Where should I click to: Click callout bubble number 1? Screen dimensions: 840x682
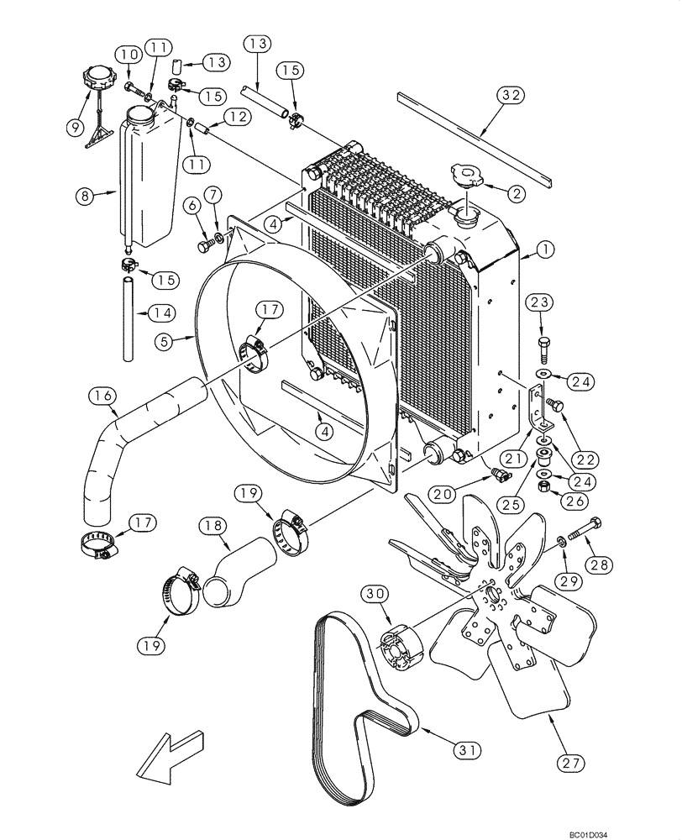[x=547, y=249]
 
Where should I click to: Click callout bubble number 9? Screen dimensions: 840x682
[x=75, y=128]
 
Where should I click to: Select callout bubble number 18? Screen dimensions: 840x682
[x=211, y=526]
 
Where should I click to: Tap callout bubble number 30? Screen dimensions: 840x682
[x=375, y=594]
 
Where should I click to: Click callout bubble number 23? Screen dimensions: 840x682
[x=539, y=302]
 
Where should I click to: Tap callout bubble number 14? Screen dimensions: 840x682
[x=163, y=313]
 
